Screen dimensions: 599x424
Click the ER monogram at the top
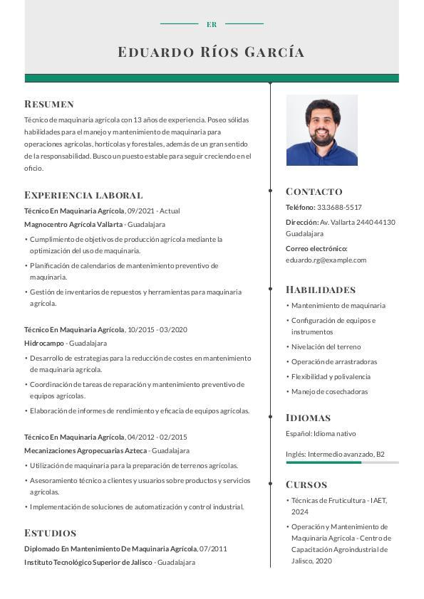pyautogui.click(x=212, y=24)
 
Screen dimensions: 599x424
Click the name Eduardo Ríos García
pyautogui.click(x=212, y=52)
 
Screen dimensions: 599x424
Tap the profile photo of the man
pyautogui.click(x=322, y=130)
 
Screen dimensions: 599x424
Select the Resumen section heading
pyautogui.click(x=49, y=104)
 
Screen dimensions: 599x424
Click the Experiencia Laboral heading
pyautogui.click(x=83, y=195)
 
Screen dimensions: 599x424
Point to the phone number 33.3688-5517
pyautogui.click(x=339, y=207)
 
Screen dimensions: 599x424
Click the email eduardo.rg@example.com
pyautogui.click(x=326, y=260)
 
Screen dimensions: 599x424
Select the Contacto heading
pyautogui.click(x=314, y=191)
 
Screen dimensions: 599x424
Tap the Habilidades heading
pyautogui.click(x=321, y=290)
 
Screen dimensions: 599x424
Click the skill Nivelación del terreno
pyautogui.click(x=326, y=347)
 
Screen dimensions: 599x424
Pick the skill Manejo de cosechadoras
pyautogui.click(x=329, y=392)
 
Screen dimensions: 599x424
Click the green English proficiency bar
pyautogui.click(x=324, y=462)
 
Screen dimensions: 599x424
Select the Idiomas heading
pyautogui.click(x=308, y=418)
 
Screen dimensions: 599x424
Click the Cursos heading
pyautogui.click(x=306, y=484)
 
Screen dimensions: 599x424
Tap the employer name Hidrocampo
pyautogui.click(x=44, y=343)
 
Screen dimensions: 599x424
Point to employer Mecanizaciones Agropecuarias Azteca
pyautogui.click(x=86, y=451)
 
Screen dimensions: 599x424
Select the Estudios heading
pyautogui.click(x=50, y=533)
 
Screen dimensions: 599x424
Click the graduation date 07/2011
pyautogui.click(x=214, y=549)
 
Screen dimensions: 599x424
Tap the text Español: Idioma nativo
pyautogui.click(x=321, y=434)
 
